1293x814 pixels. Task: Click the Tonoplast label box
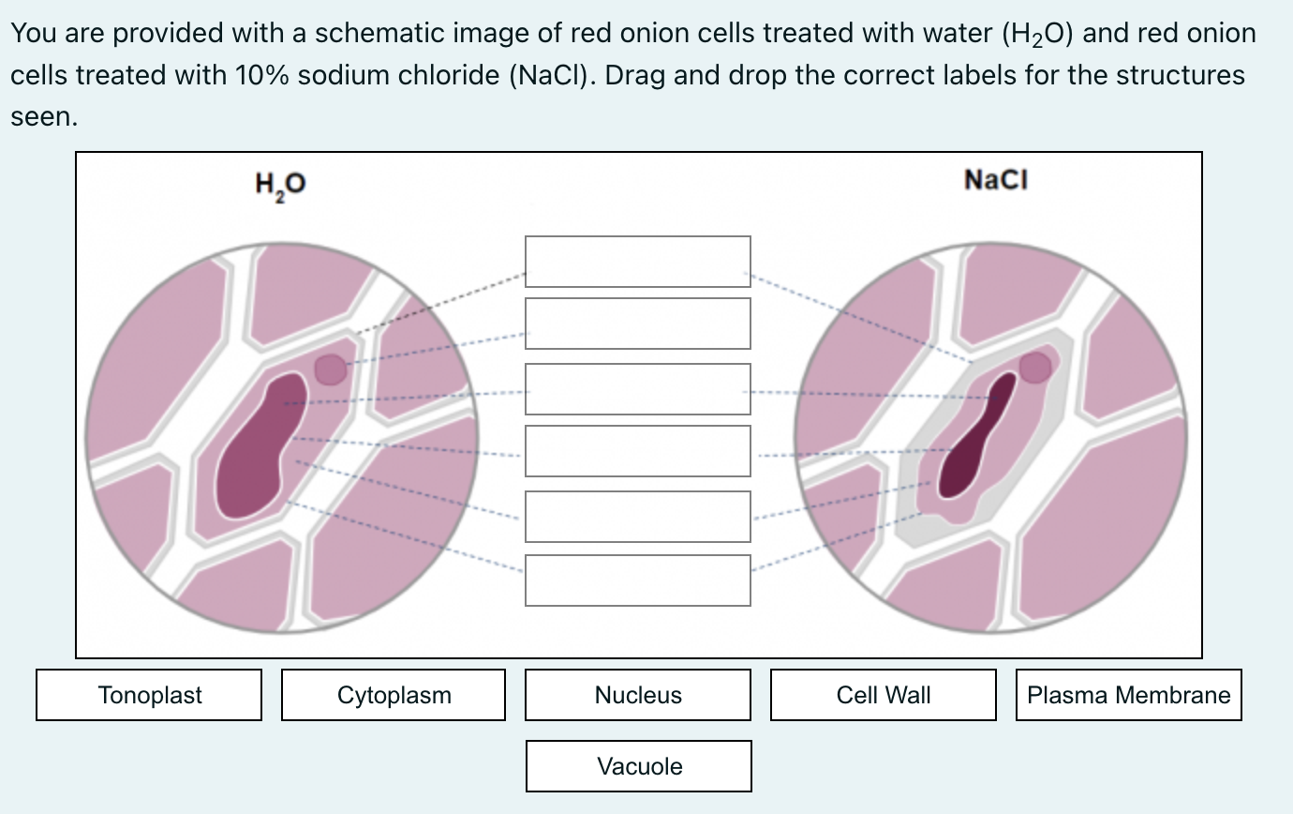[149, 695]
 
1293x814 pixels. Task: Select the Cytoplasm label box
[394, 695]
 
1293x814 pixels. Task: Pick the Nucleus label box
[638, 695]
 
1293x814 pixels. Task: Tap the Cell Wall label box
[883, 695]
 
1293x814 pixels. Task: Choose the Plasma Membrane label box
[1128, 695]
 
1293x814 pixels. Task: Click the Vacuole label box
[639, 766]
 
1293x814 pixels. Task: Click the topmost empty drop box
[638, 262]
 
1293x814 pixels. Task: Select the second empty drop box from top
[638, 324]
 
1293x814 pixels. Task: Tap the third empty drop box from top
[638, 389]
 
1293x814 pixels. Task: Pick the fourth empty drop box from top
[638, 451]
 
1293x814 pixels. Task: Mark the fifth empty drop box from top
[638, 517]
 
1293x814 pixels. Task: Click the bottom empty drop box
[638, 580]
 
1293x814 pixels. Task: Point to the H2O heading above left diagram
[279, 184]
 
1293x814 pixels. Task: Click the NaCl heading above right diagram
[995, 179]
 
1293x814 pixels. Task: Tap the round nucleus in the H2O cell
[330, 369]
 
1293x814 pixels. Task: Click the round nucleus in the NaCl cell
[1035, 368]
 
